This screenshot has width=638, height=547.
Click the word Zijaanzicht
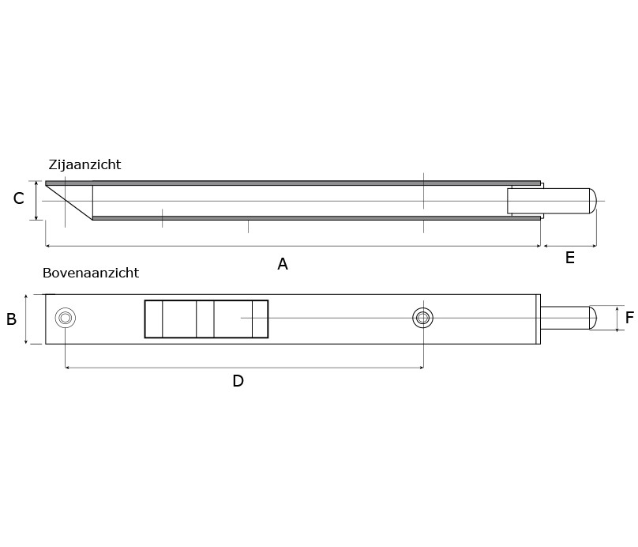click(84, 165)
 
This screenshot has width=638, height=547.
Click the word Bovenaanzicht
click(91, 273)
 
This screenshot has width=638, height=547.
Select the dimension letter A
click(283, 265)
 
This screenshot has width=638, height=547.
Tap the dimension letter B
click(11, 319)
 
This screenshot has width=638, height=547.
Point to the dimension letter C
click(18, 199)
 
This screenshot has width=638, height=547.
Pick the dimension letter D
click(238, 382)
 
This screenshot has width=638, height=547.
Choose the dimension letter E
click(569, 258)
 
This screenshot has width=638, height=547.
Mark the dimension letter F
click(629, 319)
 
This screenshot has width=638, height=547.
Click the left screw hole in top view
click(66, 318)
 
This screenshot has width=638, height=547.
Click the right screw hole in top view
click(423, 318)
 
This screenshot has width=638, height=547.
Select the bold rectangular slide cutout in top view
click(206, 319)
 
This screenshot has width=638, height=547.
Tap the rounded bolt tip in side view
click(592, 201)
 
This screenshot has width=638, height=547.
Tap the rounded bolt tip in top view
click(592, 318)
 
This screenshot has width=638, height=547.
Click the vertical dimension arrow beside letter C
click(36, 201)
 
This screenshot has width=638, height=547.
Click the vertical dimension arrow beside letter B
click(27, 319)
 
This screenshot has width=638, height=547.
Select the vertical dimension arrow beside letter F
click(617, 318)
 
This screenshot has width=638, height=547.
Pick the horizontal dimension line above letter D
click(244, 368)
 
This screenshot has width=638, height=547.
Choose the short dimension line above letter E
click(569, 246)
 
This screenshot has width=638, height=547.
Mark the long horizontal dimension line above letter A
click(293, 246)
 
